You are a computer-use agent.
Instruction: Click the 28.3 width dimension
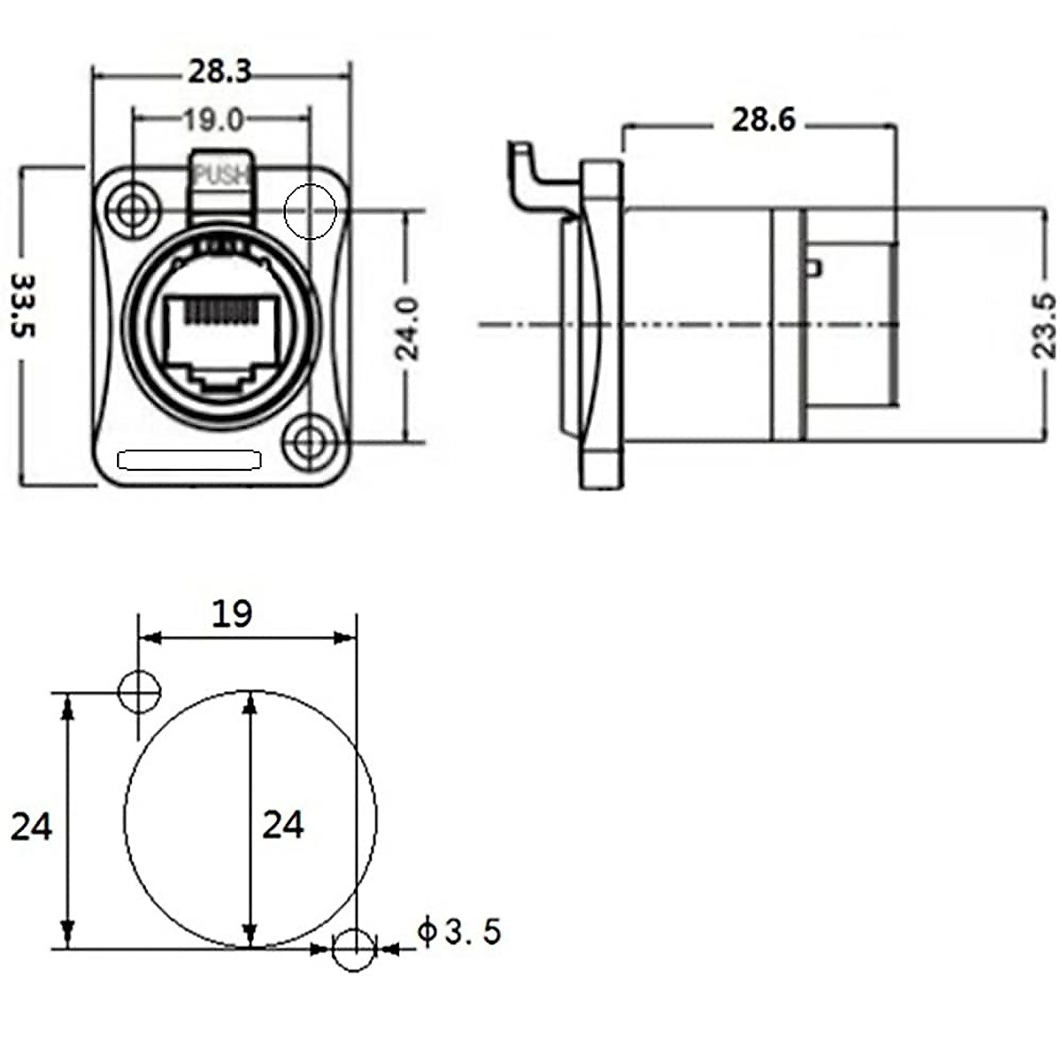point(219,72)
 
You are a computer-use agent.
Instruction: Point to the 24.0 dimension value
point(408,327)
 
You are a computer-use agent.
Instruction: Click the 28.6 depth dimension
point(763,120)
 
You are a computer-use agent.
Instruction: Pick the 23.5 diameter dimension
point(1046,325)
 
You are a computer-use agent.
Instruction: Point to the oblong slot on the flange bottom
point(191,460)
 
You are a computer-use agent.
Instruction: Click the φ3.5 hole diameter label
point(459,932)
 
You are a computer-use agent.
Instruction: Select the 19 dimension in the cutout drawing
point(233,613)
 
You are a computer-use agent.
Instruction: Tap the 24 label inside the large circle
point(283,825)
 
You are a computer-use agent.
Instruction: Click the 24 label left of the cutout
point(32,827)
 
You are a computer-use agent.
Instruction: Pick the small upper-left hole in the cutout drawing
point(139,691)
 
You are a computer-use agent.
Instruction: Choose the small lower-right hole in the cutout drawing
point(354,950)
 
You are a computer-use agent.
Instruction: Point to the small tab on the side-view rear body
point(815,266)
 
